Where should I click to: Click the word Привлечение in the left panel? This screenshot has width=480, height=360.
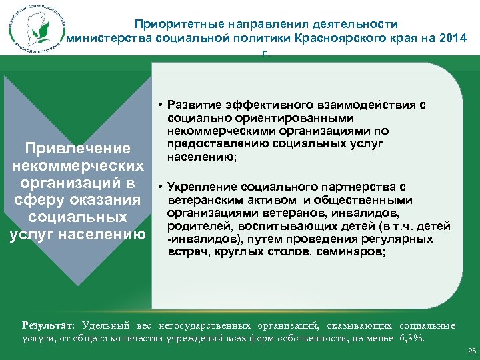[75, 147]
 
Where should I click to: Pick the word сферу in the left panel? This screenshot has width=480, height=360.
[45, 199]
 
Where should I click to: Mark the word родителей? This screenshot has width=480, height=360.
[193, 226]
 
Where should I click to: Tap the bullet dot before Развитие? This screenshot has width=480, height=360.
[162, 105]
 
